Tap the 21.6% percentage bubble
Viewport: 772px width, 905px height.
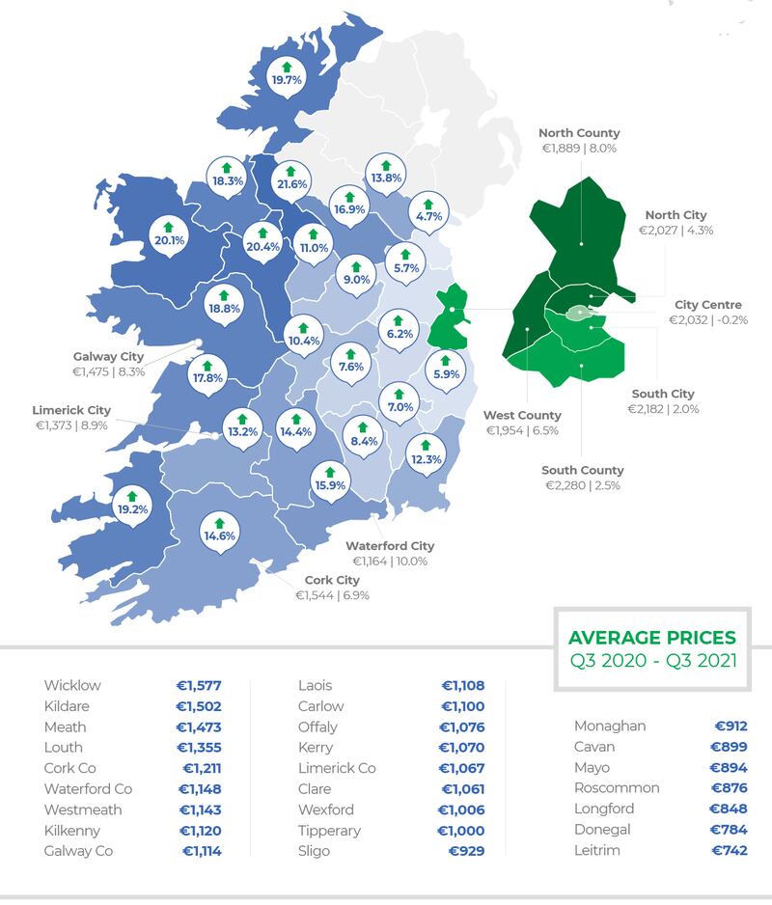[291, 182]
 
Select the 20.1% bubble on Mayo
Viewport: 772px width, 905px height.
[169, 238]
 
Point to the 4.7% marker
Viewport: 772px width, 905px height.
[427, 215]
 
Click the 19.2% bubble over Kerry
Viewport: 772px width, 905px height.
[132, 507]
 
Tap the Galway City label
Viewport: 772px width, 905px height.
[108, 357]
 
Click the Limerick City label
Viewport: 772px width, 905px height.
[71, 410]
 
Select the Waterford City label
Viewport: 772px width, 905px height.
[390, 546]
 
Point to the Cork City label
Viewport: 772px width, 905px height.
[332, 581]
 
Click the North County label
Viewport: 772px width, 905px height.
[579, 133]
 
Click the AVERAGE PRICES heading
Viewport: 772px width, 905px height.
[651, 639]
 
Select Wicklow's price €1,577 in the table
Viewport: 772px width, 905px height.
[200, 686]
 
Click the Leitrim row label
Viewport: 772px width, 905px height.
[597, 850]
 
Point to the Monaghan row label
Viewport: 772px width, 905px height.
[610, 726]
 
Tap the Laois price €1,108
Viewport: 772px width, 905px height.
[462, 686]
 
